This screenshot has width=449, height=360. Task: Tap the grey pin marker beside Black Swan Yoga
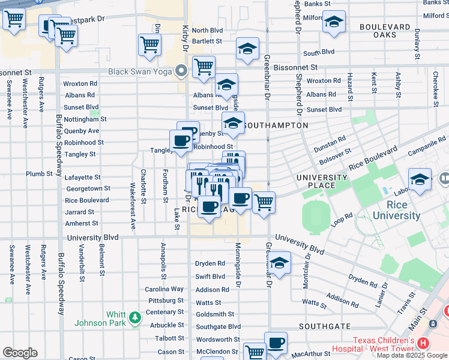click(x=181, y=73)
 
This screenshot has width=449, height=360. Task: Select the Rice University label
click(x=396, y=211)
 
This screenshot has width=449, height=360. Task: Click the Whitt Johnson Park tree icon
click(x=136, y=316)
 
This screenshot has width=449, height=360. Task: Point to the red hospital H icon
click(x=423, y=344)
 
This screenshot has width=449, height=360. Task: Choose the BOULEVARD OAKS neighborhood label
click(x=386, y=31)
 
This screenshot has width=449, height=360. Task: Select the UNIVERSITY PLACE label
click(x=322, y=181)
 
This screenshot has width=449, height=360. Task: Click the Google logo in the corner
click(x=20, y=353)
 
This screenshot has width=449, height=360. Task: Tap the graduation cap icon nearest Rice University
click(x=420, y=179)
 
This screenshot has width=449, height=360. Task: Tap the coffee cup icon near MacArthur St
click(x=276, y=343)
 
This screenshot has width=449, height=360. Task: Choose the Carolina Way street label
click(x=164, y=289)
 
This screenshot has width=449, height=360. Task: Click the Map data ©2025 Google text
click(x=411, y=355)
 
